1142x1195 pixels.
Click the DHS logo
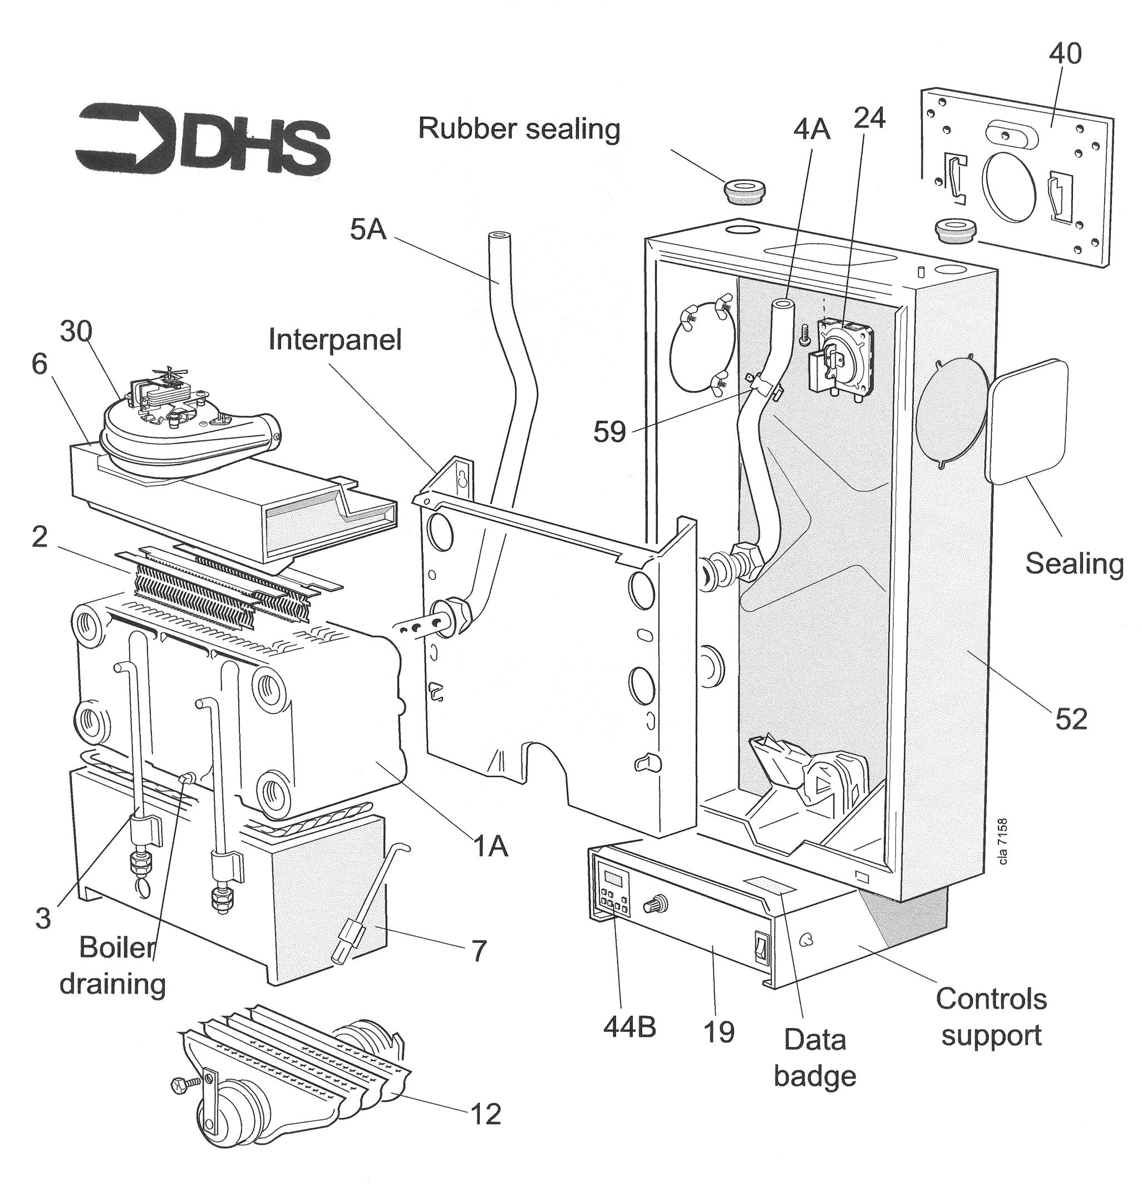coord(203,142)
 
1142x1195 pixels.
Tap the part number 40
coord(1065,53)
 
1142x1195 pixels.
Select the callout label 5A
coord(368,229)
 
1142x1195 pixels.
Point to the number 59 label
coord(609,431)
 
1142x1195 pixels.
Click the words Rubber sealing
coord(519,129)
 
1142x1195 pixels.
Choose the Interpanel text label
coord(335,340)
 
